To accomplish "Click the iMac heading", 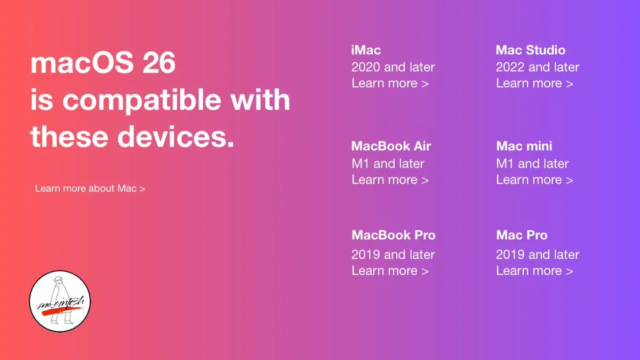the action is click(x=366, y=50).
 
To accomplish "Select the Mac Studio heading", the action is click(x=531, y=50).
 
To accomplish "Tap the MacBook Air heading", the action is click(x=391, y=146).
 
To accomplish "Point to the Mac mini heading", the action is click(x=524, y=146).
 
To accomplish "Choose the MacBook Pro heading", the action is click(x=394, y=235).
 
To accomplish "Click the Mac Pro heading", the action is click(x=522, y=235).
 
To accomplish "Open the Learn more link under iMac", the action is click(x=390, y=83).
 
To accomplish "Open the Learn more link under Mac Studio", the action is click(x=534, y=83).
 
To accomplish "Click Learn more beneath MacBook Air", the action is click(x=390, y=180).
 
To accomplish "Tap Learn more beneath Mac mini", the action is click(x=534, y=180).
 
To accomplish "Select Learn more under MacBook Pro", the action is click(x=390, y=271).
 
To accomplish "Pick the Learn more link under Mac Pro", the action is click(x=534, y=271).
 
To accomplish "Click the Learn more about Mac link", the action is click(x=90, y=189).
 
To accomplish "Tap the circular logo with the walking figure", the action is click(x=60, y=301).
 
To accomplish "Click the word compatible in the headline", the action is click(x=142, y=101).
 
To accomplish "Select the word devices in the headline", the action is click(x=175, y=137).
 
